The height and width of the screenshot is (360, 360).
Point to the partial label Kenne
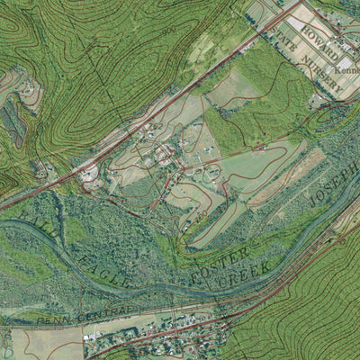346,69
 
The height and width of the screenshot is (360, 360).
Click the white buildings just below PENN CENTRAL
94,336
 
